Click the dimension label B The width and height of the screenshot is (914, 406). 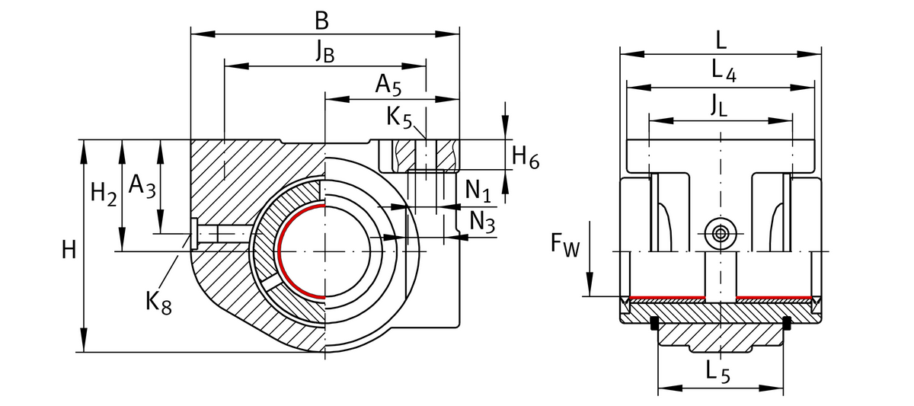click(x=323, y=21)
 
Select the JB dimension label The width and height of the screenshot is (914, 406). click(x=324, y=51)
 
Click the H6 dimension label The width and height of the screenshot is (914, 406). click(x=525, y=158)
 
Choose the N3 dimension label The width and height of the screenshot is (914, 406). click(x=481, y=221)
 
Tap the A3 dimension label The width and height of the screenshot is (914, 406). click(x=142, y=185)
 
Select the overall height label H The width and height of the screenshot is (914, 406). click(x=69, y=249)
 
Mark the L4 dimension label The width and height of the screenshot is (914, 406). click(x=723, y=71)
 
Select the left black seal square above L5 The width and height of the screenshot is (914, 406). click(x=654, y=326)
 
